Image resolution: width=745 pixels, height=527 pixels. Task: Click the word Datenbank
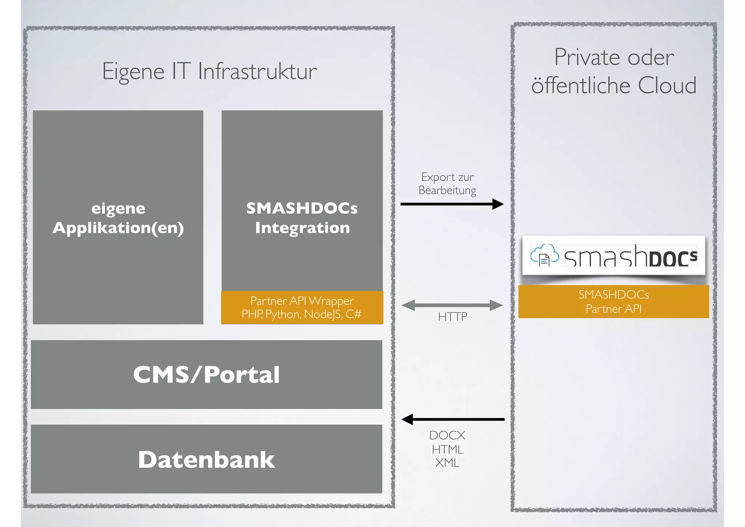pos(206,459)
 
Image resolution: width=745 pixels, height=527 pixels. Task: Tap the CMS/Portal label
pos(206,375)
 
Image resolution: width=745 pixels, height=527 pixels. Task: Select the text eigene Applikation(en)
pos(118,218)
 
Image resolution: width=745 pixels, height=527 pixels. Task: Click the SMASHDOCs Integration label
pos(302,218)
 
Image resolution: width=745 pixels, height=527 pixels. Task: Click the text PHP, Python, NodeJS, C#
pos(301,314)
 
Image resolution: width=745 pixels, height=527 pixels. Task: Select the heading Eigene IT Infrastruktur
pos(210,71)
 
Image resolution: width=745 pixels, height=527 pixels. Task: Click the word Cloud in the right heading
pos(667,86)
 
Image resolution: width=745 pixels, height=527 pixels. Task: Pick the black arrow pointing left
pos(453,419)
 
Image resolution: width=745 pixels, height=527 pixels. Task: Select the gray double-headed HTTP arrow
pos(452,305)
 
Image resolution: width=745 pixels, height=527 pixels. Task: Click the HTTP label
pos(453,317)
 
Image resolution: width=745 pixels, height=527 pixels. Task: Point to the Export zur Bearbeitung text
pos(447,183)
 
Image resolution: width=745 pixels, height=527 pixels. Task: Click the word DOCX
pos(447,435)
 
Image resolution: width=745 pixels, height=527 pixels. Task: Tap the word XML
pos(447,463)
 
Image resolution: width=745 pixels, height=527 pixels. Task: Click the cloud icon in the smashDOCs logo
pos(544,255)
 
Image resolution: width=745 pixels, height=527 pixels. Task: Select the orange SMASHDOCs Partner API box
pos(614,301)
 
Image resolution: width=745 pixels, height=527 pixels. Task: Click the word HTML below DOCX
pos(447,449)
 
